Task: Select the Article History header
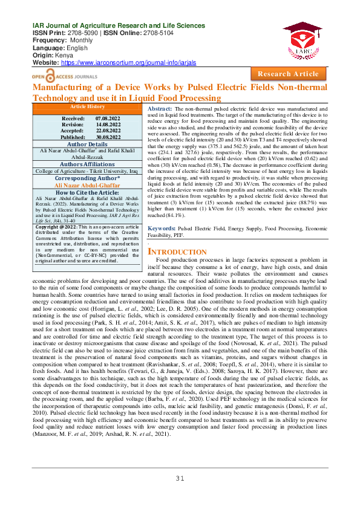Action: pyautogui.click(x=88, y=106)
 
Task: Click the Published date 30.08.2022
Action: pyautogui.click(x=110, y=137)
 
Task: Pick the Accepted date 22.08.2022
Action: pyautogui.click(x=110, y=131)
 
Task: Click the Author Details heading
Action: pyautogui.click(x=88, y=145)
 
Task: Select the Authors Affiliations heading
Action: pyautogui.click(x=88, y=164)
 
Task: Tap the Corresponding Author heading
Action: pyautogui.click(x=88, y=179)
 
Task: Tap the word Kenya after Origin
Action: pyautogui.click(x=61, y=56)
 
